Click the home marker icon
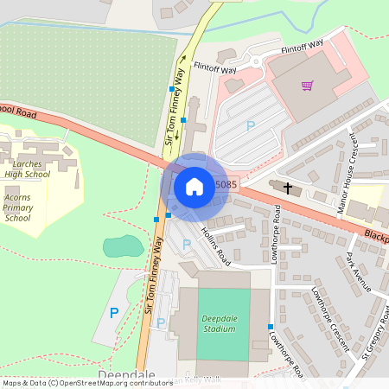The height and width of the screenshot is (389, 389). [x=194, y=186]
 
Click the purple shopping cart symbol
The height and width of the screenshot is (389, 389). [x=307, y=86]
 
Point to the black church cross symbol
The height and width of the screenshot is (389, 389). [x=287, y=187]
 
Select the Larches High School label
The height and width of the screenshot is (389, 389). [x=27, y=168]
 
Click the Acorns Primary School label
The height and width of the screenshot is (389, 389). [x=18, y=207]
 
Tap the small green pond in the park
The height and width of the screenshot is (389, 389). [x=124, y=246]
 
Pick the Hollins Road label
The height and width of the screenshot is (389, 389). [x=216, y=246]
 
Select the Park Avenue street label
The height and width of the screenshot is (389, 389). [x=358, y=272]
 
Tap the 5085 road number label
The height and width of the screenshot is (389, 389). [x=226, y=184]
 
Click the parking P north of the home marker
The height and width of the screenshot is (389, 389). [x=251, y=126]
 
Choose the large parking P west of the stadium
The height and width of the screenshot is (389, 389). [x=113, y=313]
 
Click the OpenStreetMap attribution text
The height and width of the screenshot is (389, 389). [x=86, y=383]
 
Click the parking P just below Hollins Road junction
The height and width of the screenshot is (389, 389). [x=187, y=245]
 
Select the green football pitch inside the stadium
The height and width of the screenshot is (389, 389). [x=223, y=324]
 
